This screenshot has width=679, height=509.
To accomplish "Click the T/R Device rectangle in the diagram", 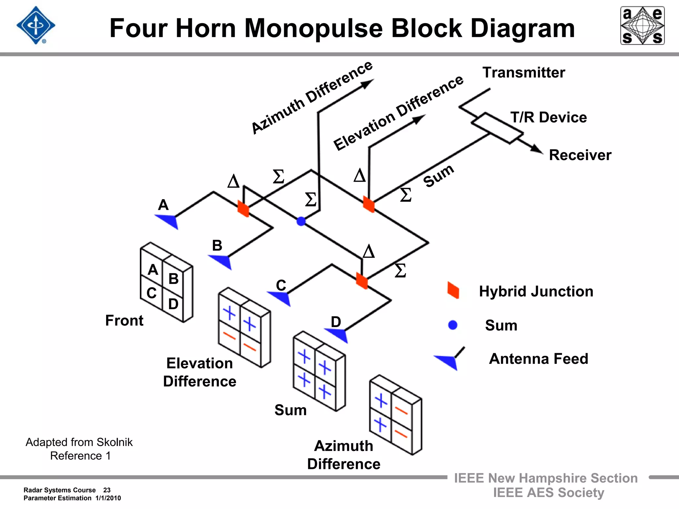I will tap(497, 128).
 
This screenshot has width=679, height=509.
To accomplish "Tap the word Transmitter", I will tap(524, 73).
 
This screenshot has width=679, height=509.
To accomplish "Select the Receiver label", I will tap(580, 155).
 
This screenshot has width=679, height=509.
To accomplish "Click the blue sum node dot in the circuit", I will tap(301, 221).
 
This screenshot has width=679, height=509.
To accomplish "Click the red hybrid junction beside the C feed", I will tap(362, 281).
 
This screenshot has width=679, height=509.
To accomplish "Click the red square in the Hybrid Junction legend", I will tap(453, 290).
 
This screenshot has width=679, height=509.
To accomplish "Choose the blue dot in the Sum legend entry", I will tap(453, 325).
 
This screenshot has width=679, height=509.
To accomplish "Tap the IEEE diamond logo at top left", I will tap(36, 26).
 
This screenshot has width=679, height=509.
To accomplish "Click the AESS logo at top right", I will tap(642, 26).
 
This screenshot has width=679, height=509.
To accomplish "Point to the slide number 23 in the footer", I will tap(107, 490).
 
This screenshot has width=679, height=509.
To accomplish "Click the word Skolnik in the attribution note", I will tap(114, 442).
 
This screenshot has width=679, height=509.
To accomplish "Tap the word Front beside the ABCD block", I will tap(124, 320).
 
